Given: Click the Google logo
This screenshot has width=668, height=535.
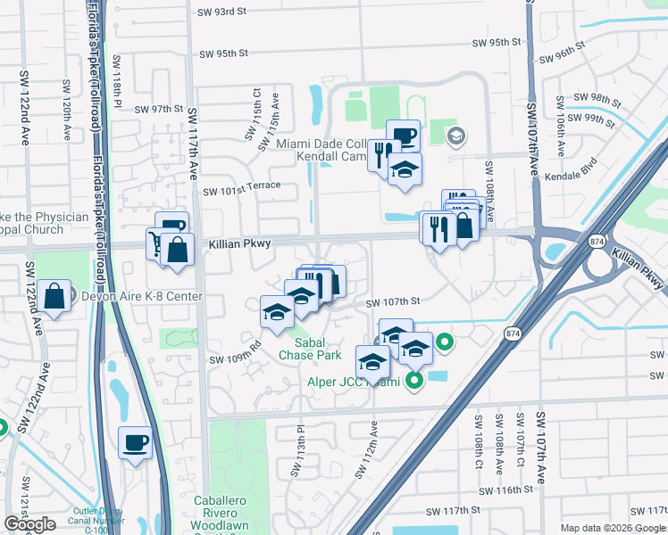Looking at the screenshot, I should tap(29, 524).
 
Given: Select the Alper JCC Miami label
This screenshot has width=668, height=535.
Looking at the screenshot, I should tap(353, 383).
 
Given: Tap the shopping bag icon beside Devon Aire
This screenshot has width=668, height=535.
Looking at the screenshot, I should tap(55, 297).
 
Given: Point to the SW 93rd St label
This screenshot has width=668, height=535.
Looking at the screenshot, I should tap(221, 12).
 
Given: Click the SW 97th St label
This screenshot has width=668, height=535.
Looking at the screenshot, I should tap(158, 109).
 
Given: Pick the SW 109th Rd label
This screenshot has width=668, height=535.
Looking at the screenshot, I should tap(235, 353).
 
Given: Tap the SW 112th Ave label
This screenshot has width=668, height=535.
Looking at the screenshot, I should tap(367, 449).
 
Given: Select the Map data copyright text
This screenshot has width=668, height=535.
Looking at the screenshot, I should tap(613, 528).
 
